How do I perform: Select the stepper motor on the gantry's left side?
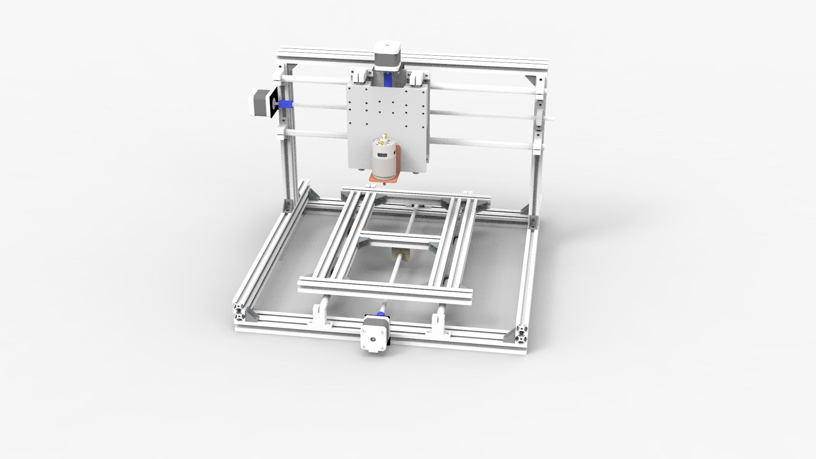tap(258, 102)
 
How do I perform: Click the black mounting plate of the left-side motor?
tap(274, 102)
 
